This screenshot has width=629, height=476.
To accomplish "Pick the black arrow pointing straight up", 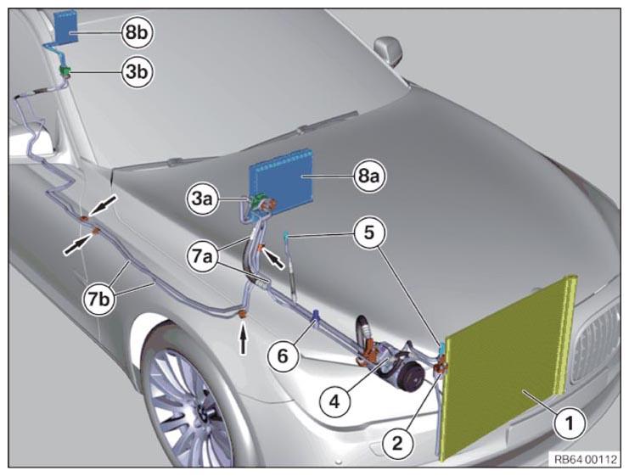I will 244,340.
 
